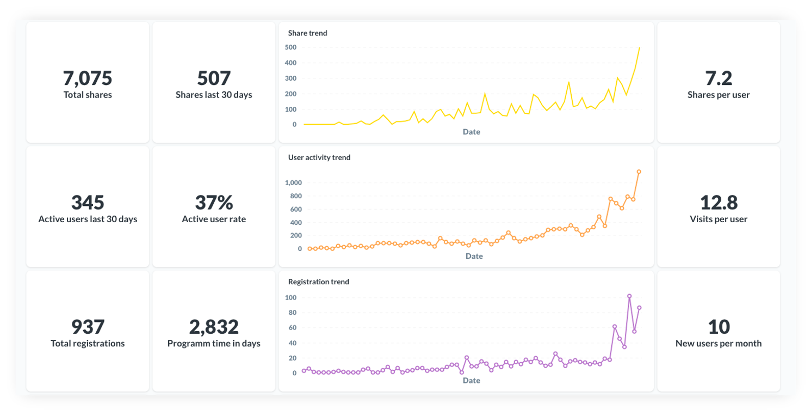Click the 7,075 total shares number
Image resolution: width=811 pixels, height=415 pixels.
click(x=88, y=78)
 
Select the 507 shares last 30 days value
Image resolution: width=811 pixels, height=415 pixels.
click(x=214, y=78)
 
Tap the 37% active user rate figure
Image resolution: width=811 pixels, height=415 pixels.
click(x=214, y=203)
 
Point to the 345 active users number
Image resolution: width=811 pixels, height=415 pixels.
click(x=88, y=203)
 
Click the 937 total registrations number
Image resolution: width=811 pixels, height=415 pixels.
click(x=88, y=327)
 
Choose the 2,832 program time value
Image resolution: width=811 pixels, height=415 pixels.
click(x=214, y=327)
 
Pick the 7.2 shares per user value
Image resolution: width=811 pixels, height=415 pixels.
click(x=719, y=78)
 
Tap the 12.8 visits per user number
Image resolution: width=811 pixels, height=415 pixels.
click(x=719, y=203)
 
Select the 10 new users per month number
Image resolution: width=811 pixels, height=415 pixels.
click(x=719, y=327)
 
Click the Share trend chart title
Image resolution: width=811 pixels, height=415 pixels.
click(x=307, y=33)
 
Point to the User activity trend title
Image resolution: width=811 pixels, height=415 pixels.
click(x=319, y=157)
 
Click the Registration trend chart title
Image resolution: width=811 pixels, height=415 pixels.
click(x=318, y=282)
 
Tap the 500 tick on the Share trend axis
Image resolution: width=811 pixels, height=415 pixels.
click(x=290, y=47)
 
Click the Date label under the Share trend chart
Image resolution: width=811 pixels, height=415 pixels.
click(x=472, y=132)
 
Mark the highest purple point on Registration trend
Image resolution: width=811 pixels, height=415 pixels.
click(x=629, y=296)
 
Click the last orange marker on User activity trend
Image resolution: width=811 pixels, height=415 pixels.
click(x=639, y=172)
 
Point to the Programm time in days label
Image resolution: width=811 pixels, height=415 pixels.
click(x=214, y=344)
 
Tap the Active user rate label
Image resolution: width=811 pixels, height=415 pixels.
click(x=214, y=219)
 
